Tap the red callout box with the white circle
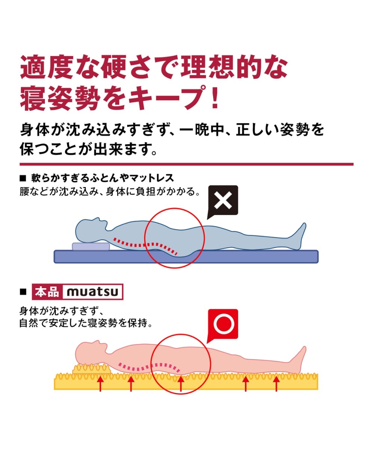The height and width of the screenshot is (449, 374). [223, 323]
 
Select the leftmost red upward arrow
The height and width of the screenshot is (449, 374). [100, 384]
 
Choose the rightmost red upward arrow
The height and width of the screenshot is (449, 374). [276, 384]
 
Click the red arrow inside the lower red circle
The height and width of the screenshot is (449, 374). [181, 384]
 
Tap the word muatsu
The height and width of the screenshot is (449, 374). [92, 292]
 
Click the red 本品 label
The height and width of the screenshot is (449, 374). [47, 292]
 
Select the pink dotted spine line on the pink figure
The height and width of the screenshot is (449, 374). [150, 365]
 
